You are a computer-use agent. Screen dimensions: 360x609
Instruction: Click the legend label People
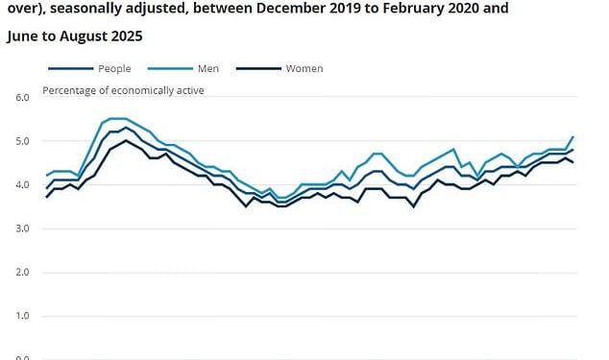point(114,69)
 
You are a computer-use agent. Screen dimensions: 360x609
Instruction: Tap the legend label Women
point(304,69)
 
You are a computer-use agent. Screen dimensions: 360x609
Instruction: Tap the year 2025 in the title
point(126,36)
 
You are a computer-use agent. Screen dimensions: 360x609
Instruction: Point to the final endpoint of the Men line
point(573,136)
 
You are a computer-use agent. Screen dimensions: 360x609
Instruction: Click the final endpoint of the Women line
point(573,162)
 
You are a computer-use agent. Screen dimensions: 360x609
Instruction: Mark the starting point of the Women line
point(46,197)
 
